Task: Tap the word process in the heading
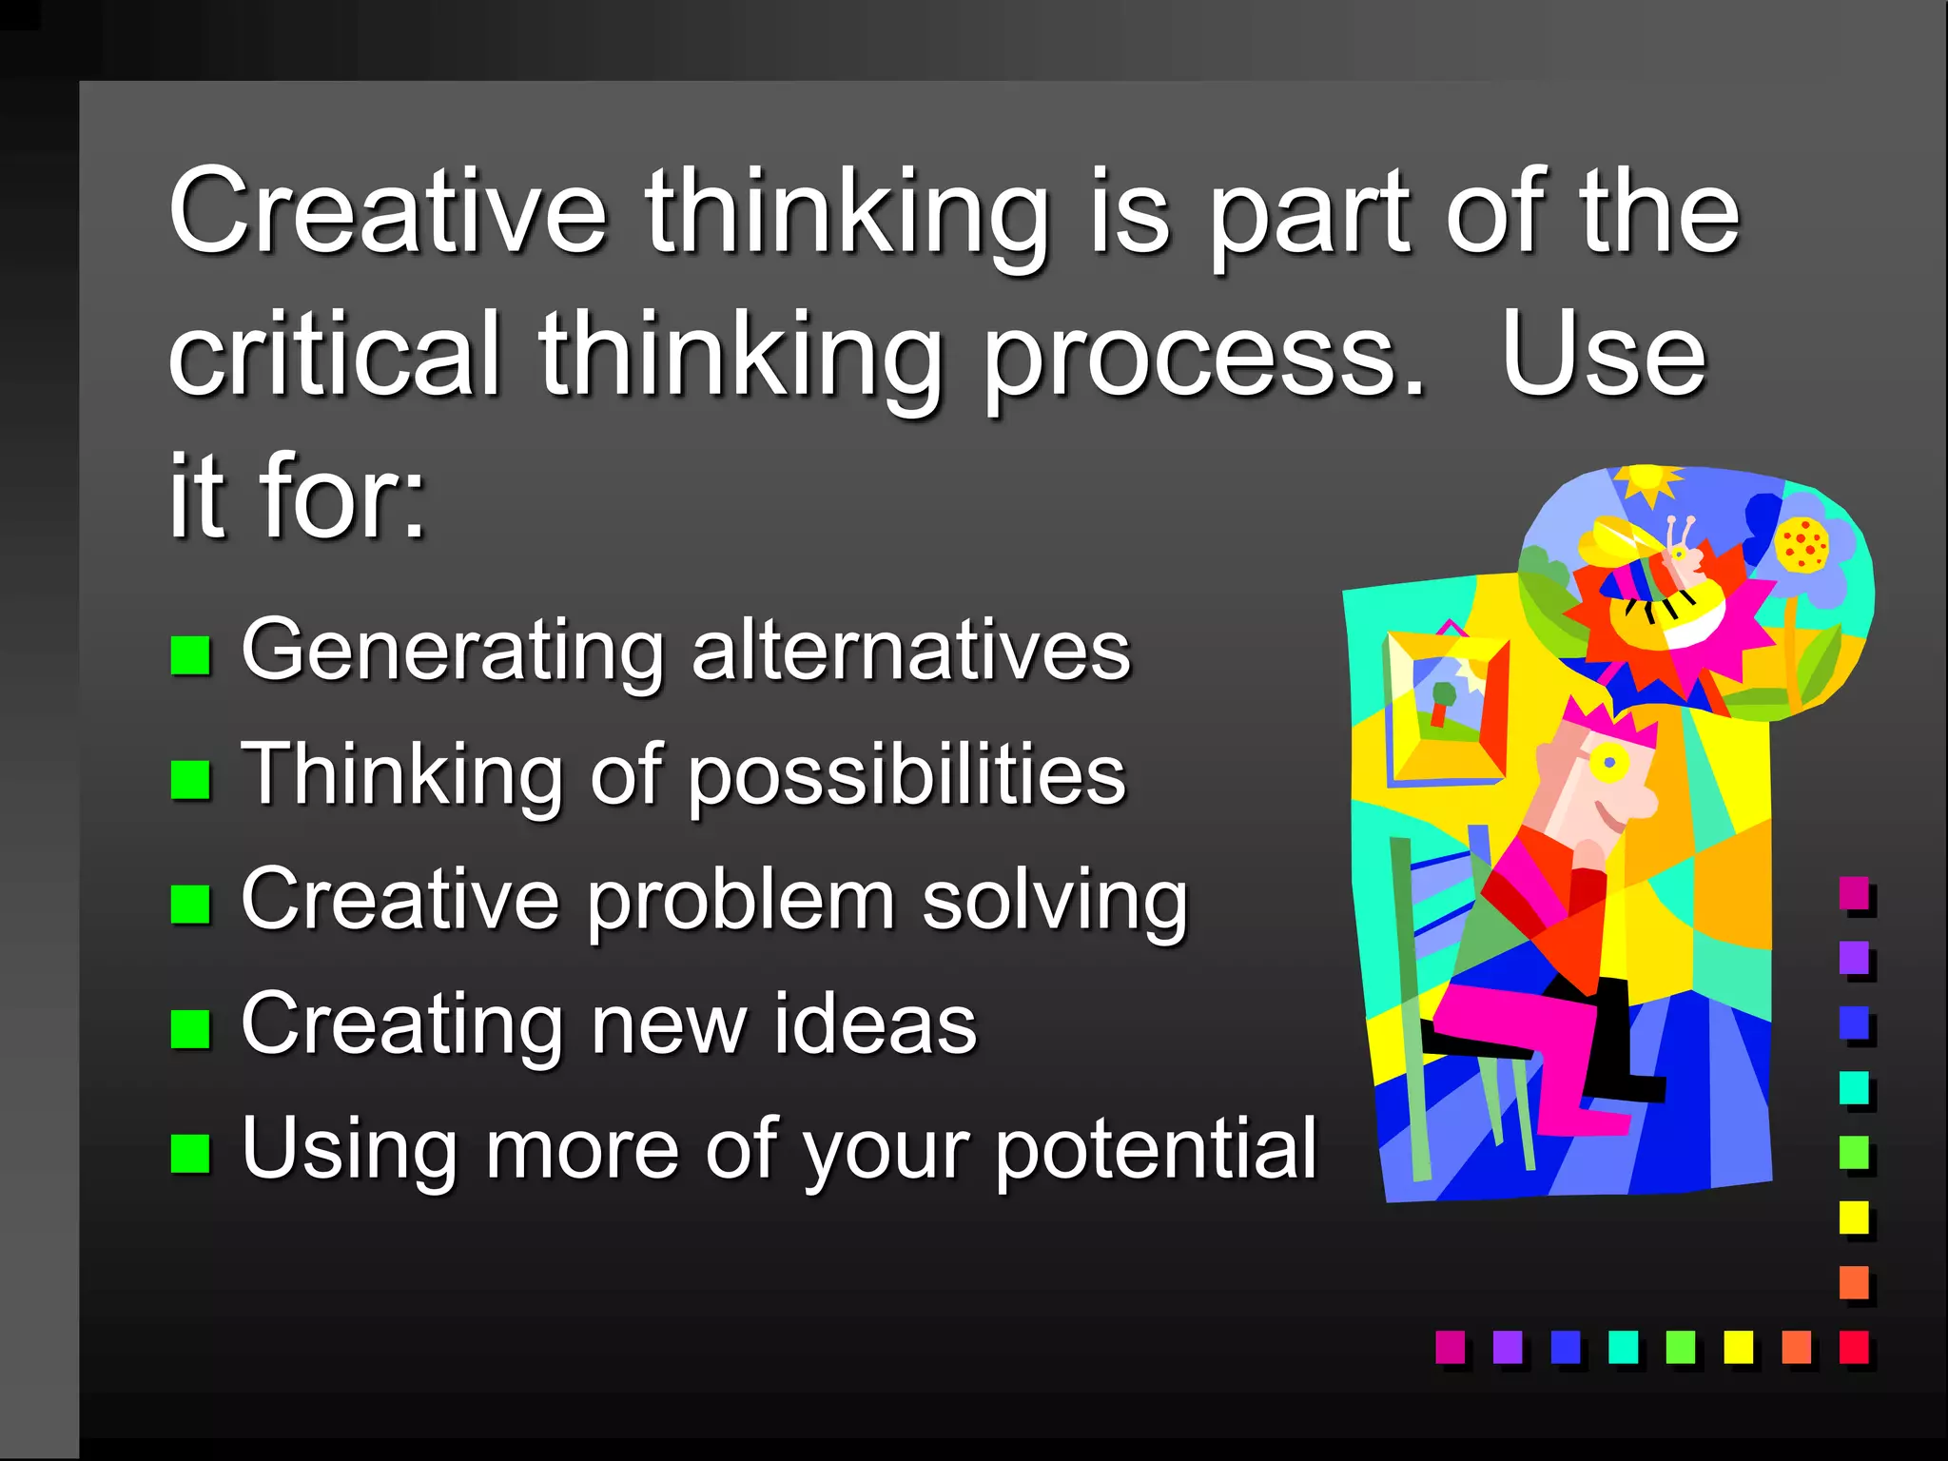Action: coord(1203,358)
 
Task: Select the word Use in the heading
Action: coord(1604,356)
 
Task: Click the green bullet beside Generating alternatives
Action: coord(190,654)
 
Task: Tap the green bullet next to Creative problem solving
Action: coord(190,904)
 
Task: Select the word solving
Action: coord(1055,902)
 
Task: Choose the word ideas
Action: coord(874,1024)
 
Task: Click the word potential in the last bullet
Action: coord(1156,1151)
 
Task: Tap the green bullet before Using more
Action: coord(190,1154)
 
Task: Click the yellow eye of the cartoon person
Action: coord(1608,762)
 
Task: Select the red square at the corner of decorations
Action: coord(1854,1347)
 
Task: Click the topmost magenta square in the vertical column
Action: coord(1854,893)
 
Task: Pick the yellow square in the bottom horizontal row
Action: coord(1738,1347)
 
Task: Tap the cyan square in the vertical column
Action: coord(1854,1087)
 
